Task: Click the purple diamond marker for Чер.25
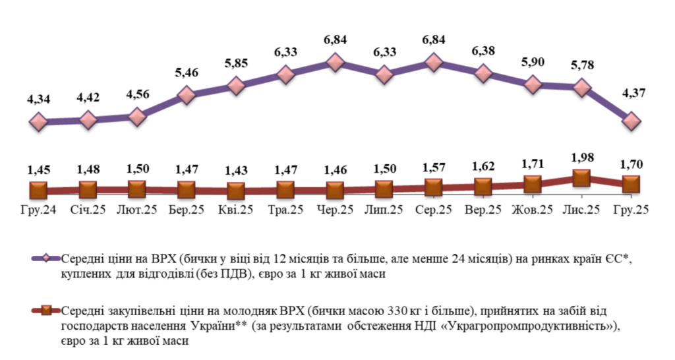point(335,63)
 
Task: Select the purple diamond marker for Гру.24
point(38,122)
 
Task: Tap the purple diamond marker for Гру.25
point(631,121)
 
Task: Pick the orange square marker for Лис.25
point(581,177)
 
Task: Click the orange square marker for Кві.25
point(236,191)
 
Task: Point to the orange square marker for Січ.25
point(88,191)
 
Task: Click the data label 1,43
point(236,171)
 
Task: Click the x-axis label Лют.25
point(137,210)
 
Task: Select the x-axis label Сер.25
point(434,210)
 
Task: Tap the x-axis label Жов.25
point(533,210)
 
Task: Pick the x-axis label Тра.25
point(285,210)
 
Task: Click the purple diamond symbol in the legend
point(46,258)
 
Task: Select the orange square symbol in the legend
point(46,310)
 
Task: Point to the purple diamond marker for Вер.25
point(483,73)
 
